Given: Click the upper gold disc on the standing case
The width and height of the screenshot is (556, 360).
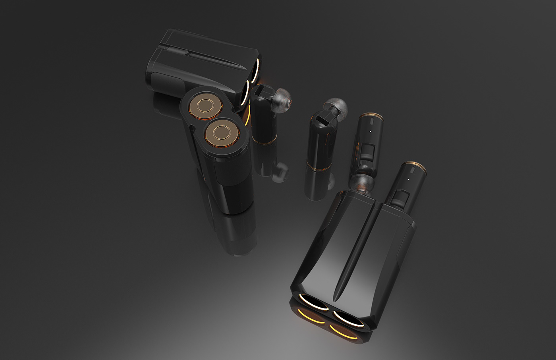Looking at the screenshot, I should click(x=205, y=106).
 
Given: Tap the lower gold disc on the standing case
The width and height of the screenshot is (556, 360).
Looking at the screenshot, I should click(x=220, y=132).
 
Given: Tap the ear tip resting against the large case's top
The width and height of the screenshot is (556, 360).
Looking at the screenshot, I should click(x=361, y=184).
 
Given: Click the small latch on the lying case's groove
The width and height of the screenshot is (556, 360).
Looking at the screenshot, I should click(x=186, y=52).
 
